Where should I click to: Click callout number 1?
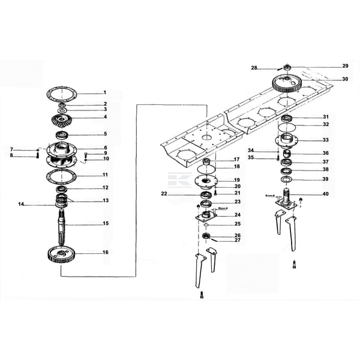(104, 92)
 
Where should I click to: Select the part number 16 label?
(105, 253)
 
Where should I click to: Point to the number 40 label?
(326, 194)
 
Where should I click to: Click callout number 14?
(21, 205)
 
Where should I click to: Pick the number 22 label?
(164, 194)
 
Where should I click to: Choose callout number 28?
(254, 68)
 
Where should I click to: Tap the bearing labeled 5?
(62, 134)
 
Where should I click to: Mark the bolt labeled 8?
(37, 156)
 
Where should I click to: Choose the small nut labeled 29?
(287, 66)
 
